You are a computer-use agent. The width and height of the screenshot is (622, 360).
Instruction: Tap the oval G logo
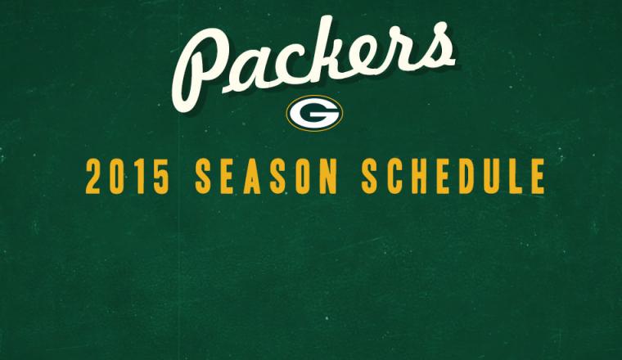314,114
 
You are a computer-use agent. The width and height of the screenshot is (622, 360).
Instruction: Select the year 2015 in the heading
128,177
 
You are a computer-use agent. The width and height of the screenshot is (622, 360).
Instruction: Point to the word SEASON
266,177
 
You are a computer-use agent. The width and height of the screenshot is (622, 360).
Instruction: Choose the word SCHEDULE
453,177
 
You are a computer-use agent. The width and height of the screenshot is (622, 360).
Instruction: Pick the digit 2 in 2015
93,177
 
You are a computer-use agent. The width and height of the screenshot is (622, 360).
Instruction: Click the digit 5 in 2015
162,177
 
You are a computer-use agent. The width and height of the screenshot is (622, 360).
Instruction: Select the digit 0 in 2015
116,177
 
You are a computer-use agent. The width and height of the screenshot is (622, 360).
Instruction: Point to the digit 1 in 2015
139,177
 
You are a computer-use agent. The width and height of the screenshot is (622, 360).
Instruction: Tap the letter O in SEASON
303,177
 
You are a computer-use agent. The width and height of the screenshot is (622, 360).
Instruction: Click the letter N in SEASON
328,177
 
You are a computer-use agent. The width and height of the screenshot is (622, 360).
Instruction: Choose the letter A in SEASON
252,177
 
